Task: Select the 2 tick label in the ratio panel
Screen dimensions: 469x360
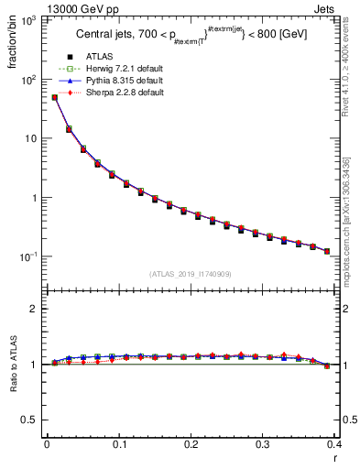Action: pos(34,309)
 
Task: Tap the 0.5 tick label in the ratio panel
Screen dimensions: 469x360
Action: pos(30,420)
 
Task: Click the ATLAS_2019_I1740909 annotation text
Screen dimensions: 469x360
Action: pos(191,274)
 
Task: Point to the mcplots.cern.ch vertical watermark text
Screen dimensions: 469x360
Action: pos(345,220)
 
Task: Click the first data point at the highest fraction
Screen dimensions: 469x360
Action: pos(54,97)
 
